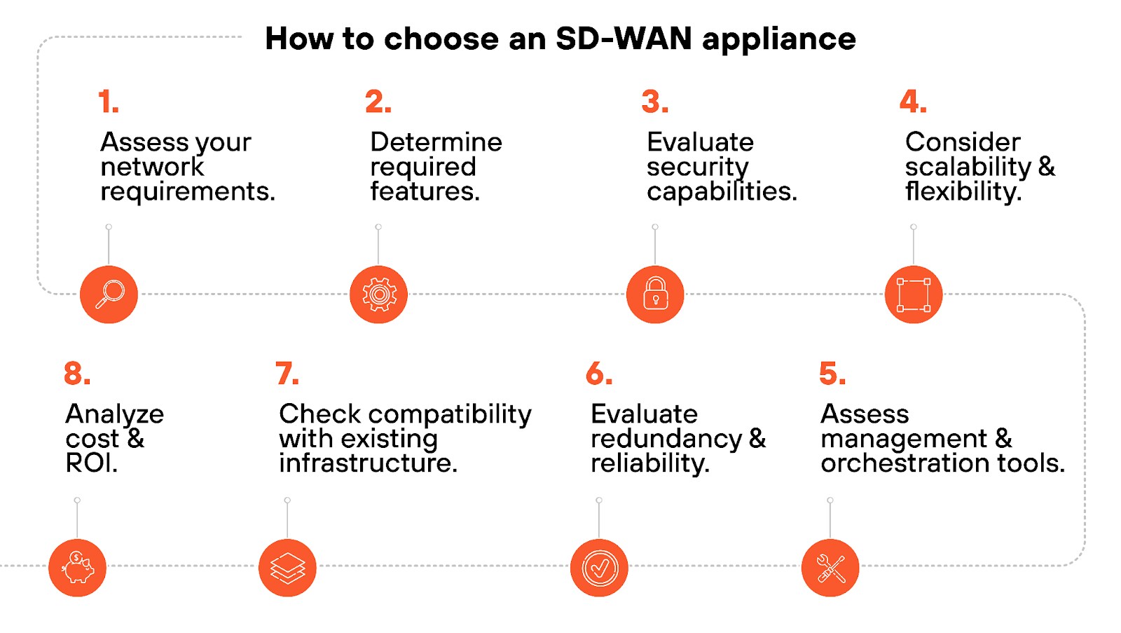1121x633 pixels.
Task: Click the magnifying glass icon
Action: (109, 294)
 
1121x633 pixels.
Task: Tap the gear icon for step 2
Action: (378, 294)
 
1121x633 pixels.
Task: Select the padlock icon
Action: (655, 294)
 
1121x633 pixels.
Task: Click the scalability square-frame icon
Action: (914, 294)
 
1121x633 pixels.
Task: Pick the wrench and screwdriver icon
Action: (830, 568)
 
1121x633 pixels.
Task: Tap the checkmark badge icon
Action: (599, 568)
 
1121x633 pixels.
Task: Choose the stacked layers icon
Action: (287, 568)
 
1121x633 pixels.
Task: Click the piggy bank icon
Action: (77, 568)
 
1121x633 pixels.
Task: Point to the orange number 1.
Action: (108, 102)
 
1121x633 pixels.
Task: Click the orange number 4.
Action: (912, 102)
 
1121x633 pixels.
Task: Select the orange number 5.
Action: (832, 374)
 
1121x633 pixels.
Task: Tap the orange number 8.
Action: (76, 374)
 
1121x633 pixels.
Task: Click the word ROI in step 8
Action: (91, 463)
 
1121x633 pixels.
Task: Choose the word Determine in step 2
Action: (436, 142)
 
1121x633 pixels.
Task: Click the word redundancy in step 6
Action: (666, 440)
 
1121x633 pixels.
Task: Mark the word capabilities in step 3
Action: (721, 192)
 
